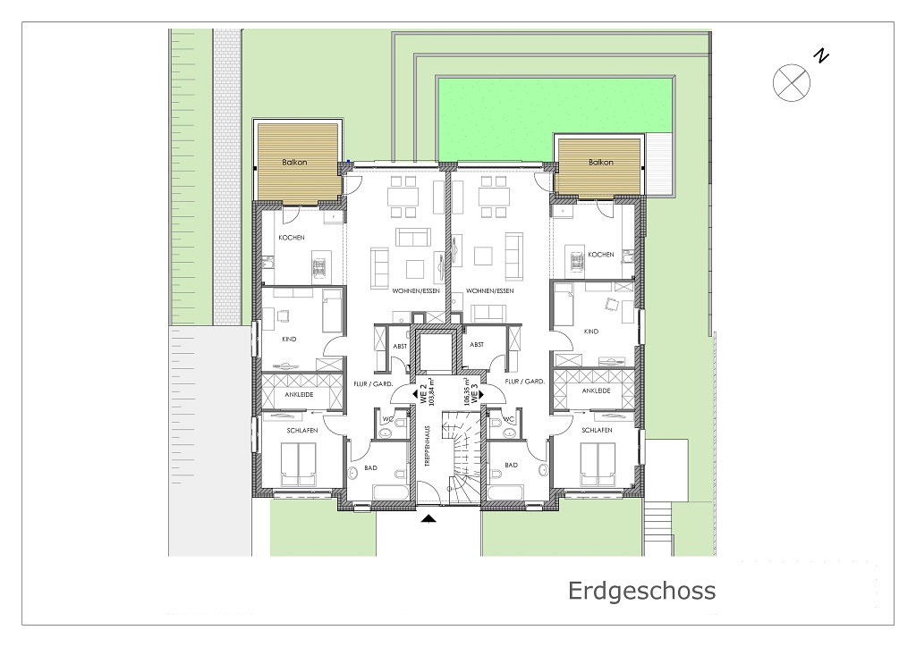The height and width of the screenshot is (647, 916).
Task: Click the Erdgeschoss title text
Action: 641,591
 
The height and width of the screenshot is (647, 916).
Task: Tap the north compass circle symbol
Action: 791,83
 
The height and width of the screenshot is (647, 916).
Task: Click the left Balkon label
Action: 294,162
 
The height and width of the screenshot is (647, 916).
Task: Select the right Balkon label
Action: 600,162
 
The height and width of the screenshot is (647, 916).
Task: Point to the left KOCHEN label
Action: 291,238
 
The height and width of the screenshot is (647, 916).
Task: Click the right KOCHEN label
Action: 601,255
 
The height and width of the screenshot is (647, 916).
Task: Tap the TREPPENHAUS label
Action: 427,445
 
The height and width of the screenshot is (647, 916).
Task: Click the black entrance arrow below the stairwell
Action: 428,518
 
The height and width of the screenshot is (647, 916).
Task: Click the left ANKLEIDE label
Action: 299,394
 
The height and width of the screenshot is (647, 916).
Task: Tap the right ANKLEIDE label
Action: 596,391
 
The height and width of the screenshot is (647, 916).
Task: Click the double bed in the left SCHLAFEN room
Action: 299,465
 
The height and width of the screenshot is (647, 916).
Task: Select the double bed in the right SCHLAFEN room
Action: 598,465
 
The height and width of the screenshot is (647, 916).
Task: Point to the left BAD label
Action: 370,468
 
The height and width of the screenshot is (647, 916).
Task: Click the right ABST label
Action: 477,344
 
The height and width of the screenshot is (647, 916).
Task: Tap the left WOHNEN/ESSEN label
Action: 416,290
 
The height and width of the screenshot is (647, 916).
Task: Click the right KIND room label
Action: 591,331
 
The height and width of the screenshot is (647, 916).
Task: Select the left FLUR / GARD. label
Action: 373,383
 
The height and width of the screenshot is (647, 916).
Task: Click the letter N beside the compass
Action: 822,56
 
